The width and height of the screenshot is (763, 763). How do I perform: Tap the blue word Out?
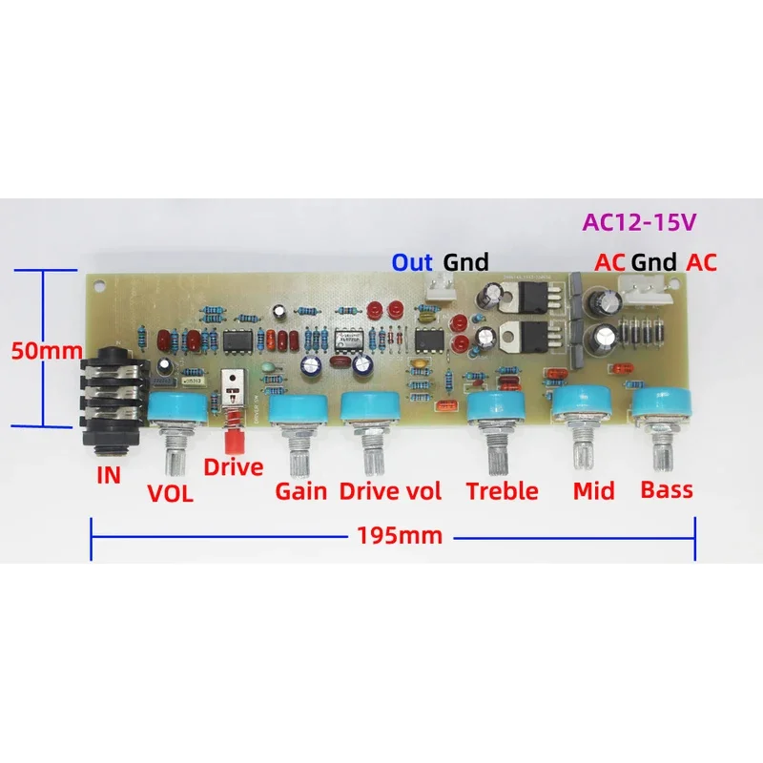(x=413, y=262)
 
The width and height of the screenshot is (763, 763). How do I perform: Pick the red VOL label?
(x=170, y=494)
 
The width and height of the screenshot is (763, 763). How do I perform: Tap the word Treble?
(x=503, y=491)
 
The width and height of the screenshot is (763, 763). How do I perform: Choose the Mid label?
(x=594, y=491)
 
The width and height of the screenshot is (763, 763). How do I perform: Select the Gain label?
(x=301, y=492)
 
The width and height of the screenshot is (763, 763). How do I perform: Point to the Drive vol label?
(x=391, y=492)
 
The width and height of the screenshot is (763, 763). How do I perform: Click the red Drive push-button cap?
(x=231, y=441)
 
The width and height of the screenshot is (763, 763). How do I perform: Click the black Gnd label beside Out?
(x=465, y=262)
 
